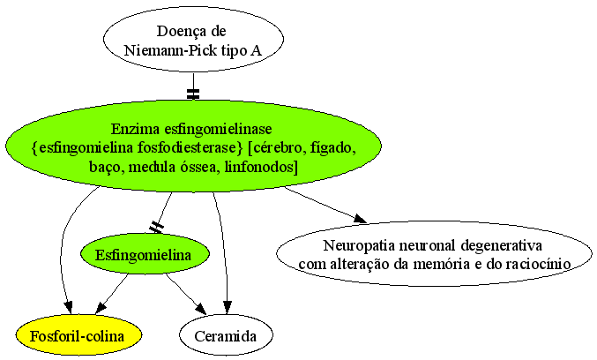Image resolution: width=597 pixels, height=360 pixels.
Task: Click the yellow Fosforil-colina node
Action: coord(78,335)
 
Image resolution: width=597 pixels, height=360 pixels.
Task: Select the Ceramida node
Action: coord(226,335)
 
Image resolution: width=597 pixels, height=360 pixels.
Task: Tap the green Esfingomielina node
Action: coord(145,254)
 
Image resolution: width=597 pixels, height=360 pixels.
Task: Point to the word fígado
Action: coord(333,148)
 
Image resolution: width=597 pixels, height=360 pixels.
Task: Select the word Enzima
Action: coord(136,129)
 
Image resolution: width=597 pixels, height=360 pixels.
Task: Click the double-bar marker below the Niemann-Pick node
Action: coord(193,94)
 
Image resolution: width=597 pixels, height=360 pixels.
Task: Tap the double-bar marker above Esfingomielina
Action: coord(156,228)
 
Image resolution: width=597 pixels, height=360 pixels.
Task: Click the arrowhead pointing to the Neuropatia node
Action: coord(360,219)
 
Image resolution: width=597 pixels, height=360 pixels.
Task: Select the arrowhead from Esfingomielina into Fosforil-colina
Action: coord(101,307)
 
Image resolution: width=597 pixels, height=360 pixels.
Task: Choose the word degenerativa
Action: coord(502,245)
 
